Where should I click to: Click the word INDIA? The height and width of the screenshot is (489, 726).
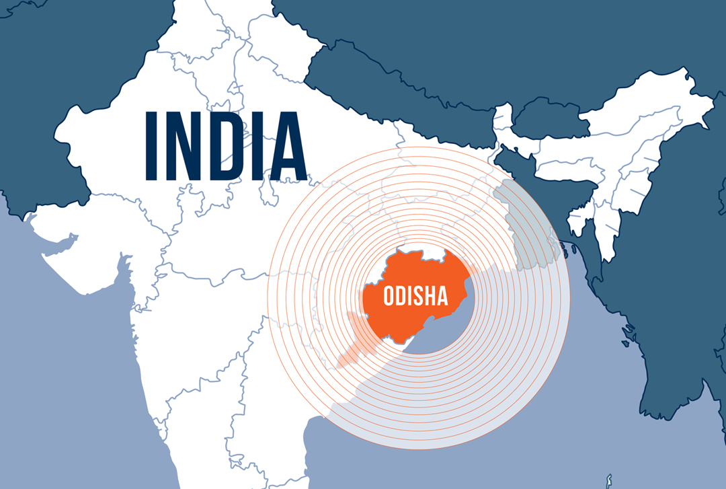(x=225, y=146)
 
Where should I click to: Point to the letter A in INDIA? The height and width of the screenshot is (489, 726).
(x=287, y=146)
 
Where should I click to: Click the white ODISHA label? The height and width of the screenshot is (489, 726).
(x=415, y=296)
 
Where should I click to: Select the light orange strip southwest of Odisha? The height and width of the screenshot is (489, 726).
(x=353, y=340)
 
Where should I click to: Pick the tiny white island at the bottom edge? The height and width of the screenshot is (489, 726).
(x=608, y=480)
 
